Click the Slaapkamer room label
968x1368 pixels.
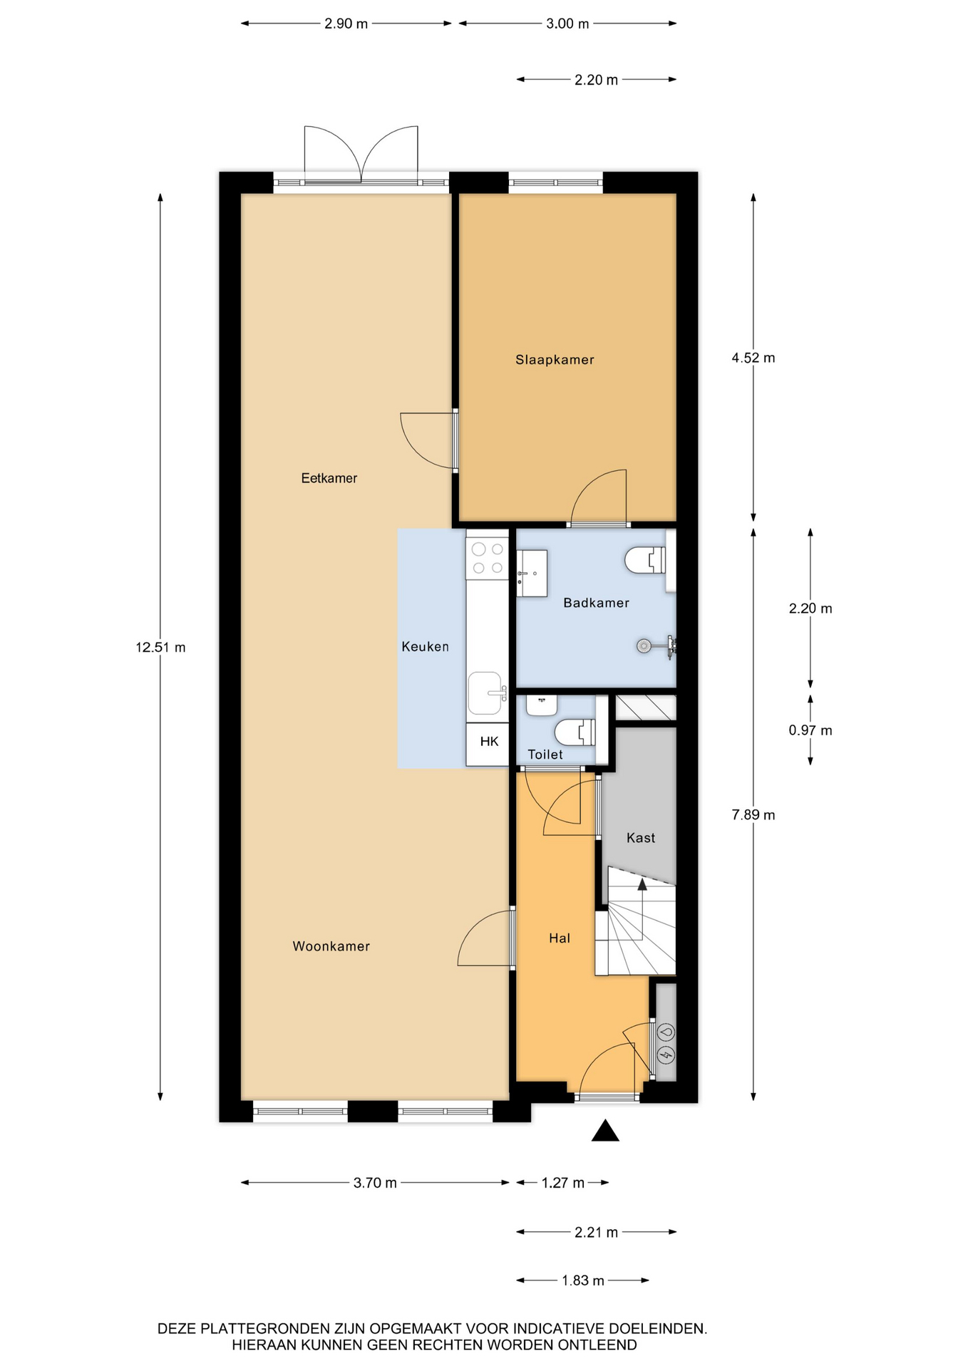click(x=555, y=360)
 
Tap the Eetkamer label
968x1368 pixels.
click(x=329, y=478)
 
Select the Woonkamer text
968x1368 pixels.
click(x=331, y=946)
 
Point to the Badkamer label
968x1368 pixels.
click(x=596, y=603)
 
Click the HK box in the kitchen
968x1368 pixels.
click(x=489, y=742)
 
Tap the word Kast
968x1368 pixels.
click(x=640, y=838)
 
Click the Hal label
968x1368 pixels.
click(x=560, y=938)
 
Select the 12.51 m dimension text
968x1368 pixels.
click(x=160, y=648)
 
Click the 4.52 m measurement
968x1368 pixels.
click(x=753, y=358)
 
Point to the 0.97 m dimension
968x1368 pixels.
click(x=810, y=730)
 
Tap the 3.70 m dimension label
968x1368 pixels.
click(x=375, y=1183)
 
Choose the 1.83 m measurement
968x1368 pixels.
click(x=582, y=1280)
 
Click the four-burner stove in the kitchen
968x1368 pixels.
click(x=488, y=559)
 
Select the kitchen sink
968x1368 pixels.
click(x=485, y=693)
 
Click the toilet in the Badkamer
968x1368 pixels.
click(x=645, y=560)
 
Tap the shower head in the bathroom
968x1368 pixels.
click(x=644, y=646)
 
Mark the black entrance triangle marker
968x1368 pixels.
click(x=605, y=1130)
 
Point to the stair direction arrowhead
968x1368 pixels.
click(x=642, y=884)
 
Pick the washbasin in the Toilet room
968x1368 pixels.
click(x=542, y=705)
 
